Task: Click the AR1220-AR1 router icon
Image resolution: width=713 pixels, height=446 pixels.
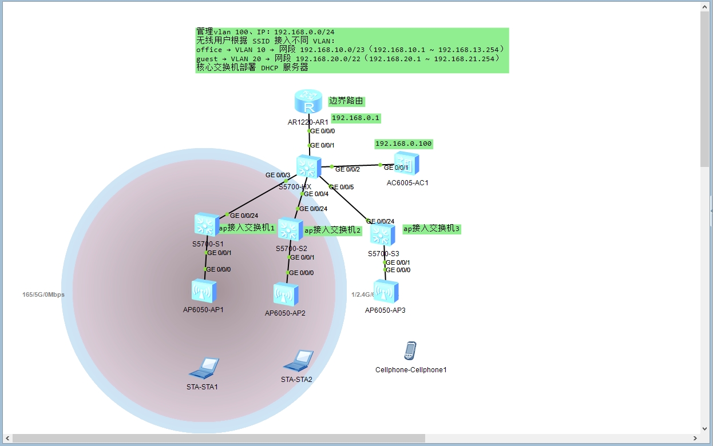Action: (x=309, y=102)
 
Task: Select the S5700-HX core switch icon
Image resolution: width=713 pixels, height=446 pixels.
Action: (x=308, y=167)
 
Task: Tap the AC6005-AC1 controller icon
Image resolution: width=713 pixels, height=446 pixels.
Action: (x=406, y=164)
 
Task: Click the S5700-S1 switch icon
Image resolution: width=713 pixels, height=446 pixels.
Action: (x=206, y=225)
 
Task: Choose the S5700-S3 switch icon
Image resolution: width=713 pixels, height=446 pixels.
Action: (x=382, y=235)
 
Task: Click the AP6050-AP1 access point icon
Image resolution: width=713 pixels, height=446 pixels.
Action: (x=204, y=291)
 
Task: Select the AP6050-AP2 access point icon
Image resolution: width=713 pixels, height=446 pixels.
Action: (x=286, y=294)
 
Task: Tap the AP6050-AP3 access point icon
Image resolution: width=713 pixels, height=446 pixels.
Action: (x=386, y=292)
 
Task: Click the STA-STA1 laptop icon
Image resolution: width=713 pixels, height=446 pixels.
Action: (x=204, y=368)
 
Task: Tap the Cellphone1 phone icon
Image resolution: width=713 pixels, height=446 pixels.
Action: (x=410, y=351)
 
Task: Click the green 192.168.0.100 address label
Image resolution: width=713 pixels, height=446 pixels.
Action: (x=403, y=144)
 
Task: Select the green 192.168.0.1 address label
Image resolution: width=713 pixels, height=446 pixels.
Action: (x=356, y=118)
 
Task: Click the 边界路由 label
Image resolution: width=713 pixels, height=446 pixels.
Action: (x=346, y=101)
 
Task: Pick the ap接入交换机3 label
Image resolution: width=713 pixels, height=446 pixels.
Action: (x=431, y=228)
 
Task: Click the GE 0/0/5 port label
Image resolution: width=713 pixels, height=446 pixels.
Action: (x=342, y=187)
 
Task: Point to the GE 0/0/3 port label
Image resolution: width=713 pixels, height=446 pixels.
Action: (x=278, y=175)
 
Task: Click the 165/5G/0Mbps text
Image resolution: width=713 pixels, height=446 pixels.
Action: (x=43, y=294)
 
